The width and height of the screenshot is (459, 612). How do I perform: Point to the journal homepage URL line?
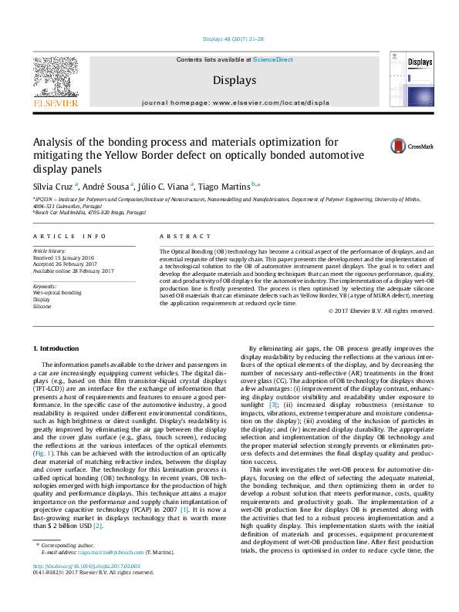click(x=229, y=102)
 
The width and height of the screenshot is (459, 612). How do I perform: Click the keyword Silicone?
click(x=42, y=306)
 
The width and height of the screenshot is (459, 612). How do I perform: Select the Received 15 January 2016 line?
click(x=64, y=258)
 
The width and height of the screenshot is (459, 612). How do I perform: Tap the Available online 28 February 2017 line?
click(x=73, y=271)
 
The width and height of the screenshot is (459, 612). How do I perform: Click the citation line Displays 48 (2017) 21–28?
click(x=229, y=39)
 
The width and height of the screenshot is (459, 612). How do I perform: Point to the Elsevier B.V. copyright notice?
click(x=381, y=311)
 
